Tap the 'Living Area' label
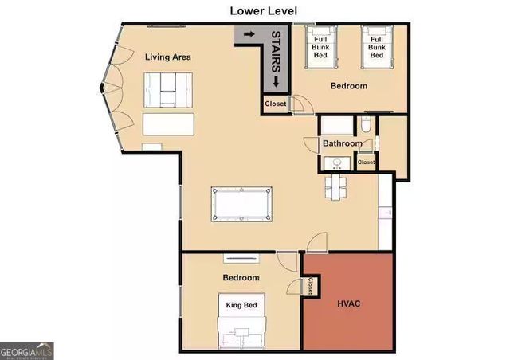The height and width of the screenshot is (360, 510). click(167, 57)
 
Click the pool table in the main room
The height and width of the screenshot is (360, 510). click(241, 204)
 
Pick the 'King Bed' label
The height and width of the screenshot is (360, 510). click(240, 305)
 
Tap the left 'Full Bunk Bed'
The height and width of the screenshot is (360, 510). click(321, 48)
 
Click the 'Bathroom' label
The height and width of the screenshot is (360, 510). click(343, 144)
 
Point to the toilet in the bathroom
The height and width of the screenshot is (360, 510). click(364, 123)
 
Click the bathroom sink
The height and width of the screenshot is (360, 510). click(336, 163)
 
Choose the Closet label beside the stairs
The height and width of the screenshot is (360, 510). click(275, 104)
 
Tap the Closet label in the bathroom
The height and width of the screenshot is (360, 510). click(366, 162)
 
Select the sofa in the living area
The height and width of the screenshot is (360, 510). click(167, 89)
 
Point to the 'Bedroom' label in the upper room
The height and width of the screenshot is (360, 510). click(349, 85)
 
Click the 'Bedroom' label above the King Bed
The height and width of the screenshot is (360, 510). click(241, 278)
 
